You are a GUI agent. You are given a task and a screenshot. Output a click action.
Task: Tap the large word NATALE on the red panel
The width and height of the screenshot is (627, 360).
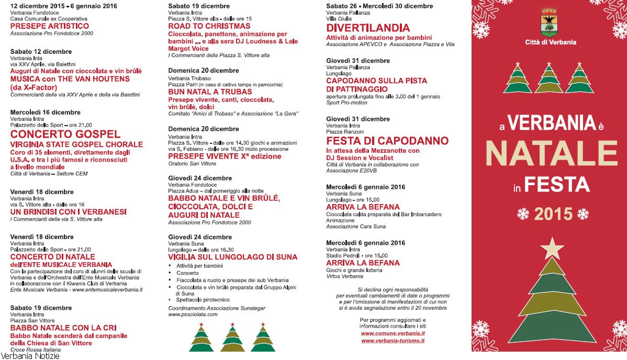coord(548,152)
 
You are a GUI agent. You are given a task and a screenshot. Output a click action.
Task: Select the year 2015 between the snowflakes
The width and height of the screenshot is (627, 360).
coord(553,213)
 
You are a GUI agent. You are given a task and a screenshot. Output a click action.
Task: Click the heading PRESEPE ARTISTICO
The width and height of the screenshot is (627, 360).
coord(50,26)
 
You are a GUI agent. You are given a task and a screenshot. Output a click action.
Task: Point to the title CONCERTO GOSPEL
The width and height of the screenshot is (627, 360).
coord(65,134)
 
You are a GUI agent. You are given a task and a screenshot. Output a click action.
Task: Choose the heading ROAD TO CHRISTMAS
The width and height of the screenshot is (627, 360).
coord(209,26)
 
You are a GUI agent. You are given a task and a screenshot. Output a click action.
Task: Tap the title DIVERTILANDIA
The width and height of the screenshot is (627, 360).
coord(368,28)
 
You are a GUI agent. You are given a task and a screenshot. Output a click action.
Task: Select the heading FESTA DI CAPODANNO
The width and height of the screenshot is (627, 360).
coord(387,141)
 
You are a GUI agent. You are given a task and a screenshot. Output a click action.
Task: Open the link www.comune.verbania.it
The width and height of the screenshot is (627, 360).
coord(393,333)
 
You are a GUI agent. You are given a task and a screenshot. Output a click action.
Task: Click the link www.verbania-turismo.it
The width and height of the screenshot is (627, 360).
coord(393,341)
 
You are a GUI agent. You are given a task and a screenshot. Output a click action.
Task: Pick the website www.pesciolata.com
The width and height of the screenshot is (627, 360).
coord(193,314)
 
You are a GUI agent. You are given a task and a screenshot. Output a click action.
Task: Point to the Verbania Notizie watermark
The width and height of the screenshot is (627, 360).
coord(30,356)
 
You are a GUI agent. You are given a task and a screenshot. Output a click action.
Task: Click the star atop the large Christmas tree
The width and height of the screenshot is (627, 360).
coord(552,248)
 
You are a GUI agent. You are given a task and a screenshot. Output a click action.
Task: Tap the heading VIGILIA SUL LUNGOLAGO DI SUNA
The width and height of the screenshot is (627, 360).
coord(232,257)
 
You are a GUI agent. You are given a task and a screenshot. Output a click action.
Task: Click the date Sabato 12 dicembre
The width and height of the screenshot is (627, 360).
coord(41,51)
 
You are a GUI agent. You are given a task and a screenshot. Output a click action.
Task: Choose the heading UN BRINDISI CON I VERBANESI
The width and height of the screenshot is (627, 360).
coord(68,212)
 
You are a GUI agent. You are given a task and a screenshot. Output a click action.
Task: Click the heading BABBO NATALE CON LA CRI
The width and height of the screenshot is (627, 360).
coord(63,328)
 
